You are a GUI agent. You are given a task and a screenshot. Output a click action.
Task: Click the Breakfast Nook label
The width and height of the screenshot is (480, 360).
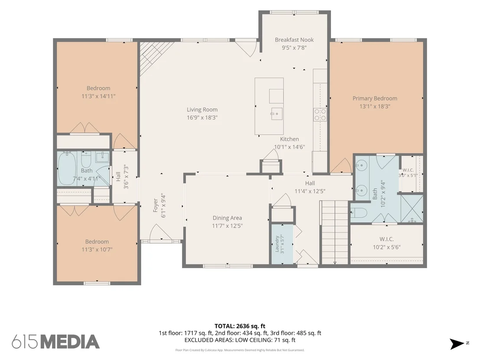(294, 40)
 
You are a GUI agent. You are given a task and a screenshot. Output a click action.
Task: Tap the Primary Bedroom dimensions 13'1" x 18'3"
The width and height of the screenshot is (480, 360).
(375, 107)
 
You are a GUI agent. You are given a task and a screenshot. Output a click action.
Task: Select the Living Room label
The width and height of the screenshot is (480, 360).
(202, 110)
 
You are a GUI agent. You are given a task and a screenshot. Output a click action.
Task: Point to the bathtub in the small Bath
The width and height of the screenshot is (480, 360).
(67, 168)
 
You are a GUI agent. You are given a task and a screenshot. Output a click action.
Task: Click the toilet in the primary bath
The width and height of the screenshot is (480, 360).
(358, 213)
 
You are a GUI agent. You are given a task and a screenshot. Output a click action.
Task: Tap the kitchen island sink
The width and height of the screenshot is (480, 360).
(276, 114)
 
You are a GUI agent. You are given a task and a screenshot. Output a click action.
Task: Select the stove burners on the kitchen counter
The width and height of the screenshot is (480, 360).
(320, 114)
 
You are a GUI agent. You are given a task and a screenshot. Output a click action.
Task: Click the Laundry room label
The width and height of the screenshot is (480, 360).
(277, 243)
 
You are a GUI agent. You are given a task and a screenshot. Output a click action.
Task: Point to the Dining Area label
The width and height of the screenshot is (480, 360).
(227, 218)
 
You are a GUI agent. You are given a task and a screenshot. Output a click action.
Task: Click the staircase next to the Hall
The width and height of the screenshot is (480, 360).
(335, 232)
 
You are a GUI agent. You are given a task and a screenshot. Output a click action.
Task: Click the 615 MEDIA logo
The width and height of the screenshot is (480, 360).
(56, 342)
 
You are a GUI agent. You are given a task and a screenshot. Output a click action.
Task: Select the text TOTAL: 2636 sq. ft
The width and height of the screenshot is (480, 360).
(240, 326)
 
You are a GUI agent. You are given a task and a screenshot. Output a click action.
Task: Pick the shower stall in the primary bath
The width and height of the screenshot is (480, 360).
(412, 208)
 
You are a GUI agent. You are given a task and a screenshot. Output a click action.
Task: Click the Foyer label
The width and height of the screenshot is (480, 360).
(155, 205)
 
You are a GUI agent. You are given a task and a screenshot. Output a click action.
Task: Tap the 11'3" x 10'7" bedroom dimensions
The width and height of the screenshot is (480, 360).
(97, 250)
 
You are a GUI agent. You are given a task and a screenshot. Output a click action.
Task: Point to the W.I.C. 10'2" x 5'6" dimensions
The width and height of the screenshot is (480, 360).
(386, 247)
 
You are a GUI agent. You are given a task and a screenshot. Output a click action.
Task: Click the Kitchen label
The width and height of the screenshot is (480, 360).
(289, 139)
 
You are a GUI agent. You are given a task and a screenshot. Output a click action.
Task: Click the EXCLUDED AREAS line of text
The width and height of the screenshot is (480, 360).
(240, 340)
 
